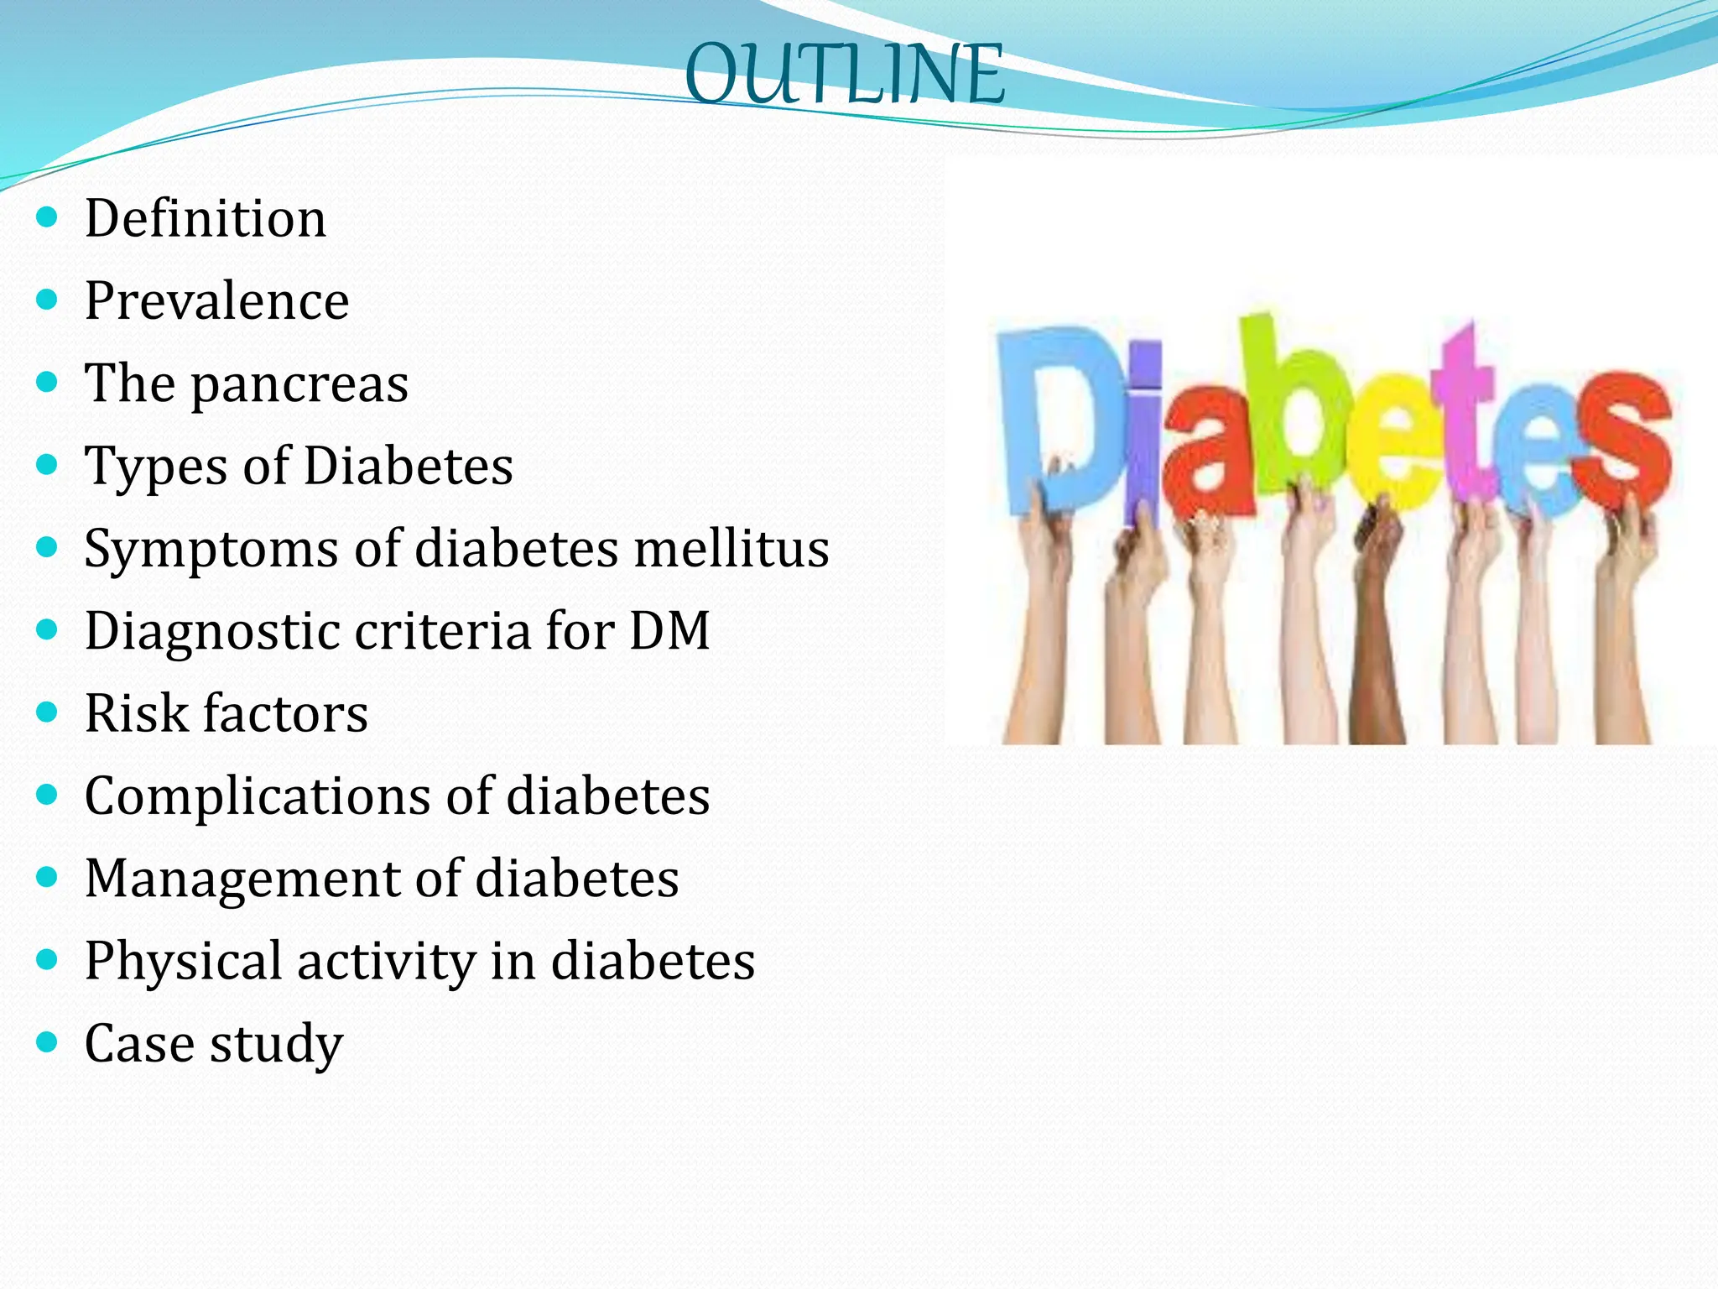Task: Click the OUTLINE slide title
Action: click(845, 76)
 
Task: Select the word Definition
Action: click(206, 219)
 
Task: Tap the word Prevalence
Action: click(216, 301)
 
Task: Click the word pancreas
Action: click(299, 385)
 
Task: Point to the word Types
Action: click(156, 467)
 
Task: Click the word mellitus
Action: click(731, 549)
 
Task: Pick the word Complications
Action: click(258, 796)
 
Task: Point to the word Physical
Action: click(183, 961)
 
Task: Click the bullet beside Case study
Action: click(48, 1043)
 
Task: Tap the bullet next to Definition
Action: click(48, 218)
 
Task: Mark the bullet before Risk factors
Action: click(48, 712)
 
